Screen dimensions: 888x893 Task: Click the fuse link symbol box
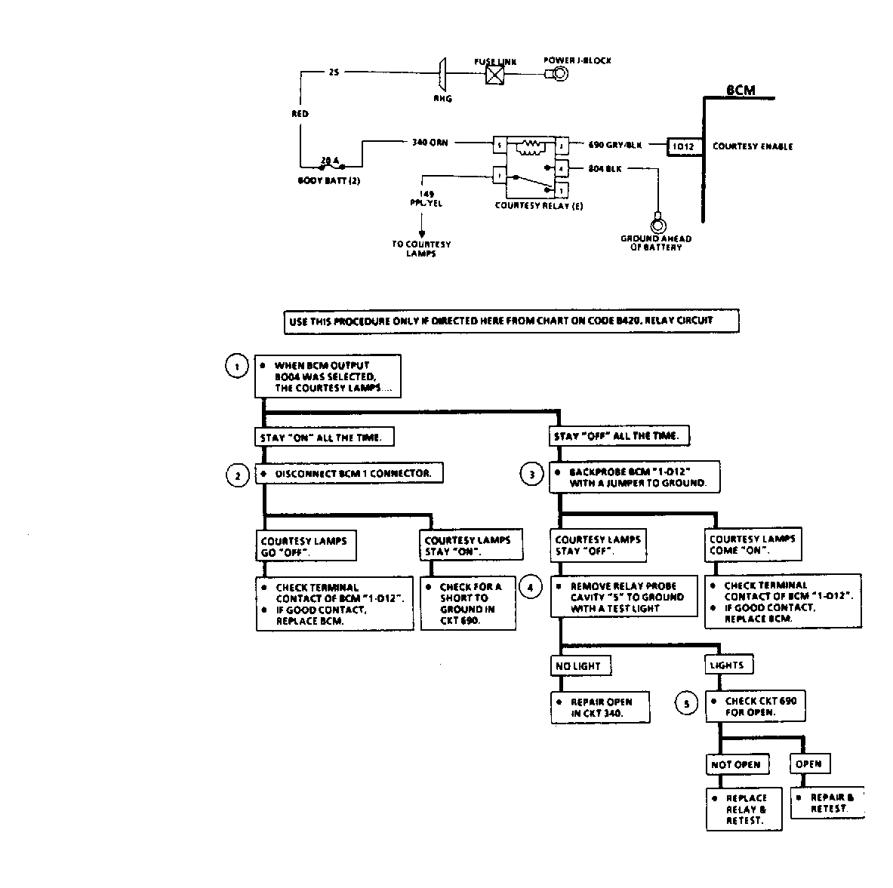click(x=495, y=75)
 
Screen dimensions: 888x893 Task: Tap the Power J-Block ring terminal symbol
click(x=559, y=74)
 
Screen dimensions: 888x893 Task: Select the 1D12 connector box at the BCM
click(x=684, y=146)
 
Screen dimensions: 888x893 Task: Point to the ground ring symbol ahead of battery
click(x=657, y=225)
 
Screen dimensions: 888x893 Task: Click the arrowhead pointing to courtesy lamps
click(x=421, y=233)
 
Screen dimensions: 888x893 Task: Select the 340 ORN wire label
click(x=430, y=142)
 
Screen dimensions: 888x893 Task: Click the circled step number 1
click(x=237, y=367)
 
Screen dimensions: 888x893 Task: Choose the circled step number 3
click(x=531, y=475)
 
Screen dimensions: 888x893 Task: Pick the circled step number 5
click(x=686, y=705)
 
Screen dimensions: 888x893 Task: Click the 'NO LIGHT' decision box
click(x=580, y=665)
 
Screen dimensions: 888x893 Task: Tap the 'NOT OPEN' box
click(x=736, y=764)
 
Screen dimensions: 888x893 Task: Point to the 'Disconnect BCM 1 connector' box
click(x=349, y=473)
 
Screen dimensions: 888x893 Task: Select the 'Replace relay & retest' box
click(x=744, y=810)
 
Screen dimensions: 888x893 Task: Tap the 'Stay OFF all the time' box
click(x=618, y=436)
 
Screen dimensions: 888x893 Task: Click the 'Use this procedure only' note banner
click(x=511, y=321)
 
